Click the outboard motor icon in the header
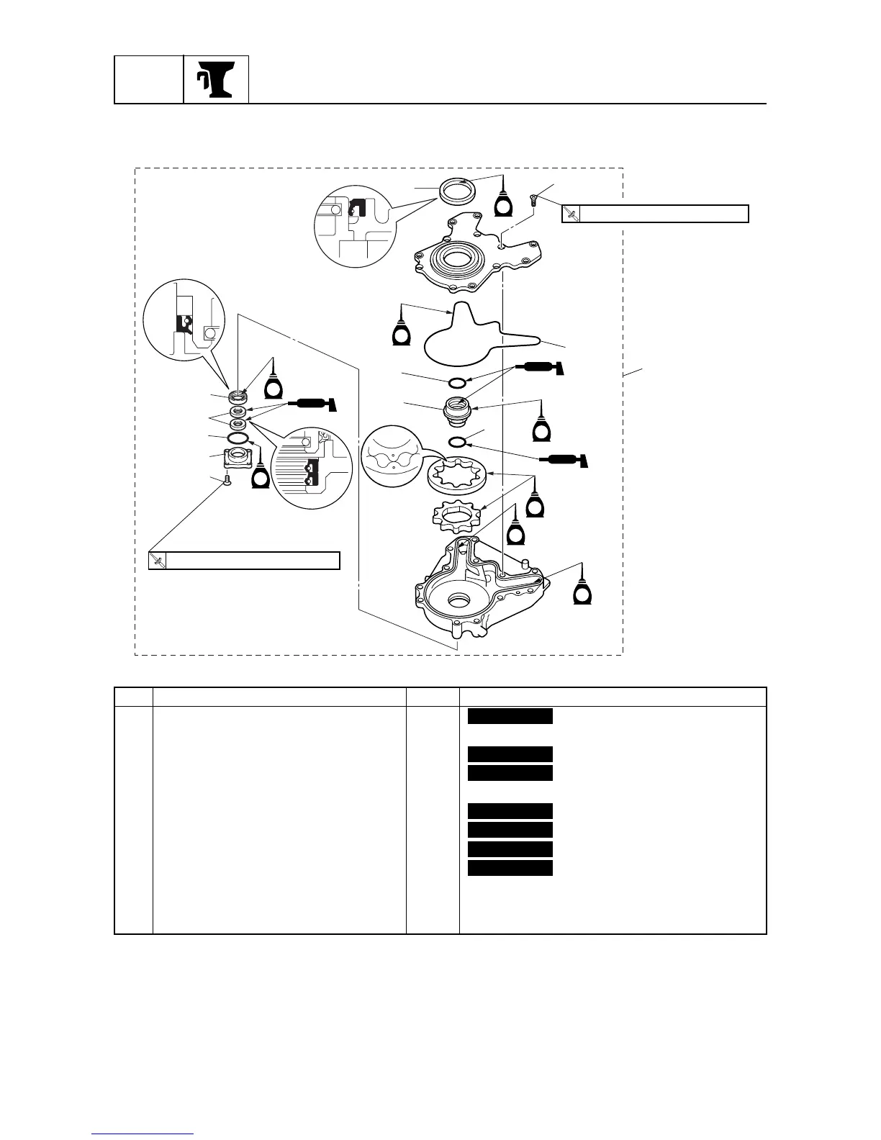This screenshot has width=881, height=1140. pos(216,79)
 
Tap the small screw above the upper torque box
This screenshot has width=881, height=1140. pos(534,199)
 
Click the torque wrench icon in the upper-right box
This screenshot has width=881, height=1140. pos(571,214)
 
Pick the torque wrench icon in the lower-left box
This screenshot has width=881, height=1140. pos(158,561)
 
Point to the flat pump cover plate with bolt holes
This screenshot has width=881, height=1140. pos(479,263)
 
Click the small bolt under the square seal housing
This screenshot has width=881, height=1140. pos(227,481)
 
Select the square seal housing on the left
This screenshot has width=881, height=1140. pos(237,458)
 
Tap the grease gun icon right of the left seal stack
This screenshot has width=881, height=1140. pos(310,405)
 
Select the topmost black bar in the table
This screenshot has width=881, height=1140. pos(510,715)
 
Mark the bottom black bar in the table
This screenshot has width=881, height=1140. pos(510,867)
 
